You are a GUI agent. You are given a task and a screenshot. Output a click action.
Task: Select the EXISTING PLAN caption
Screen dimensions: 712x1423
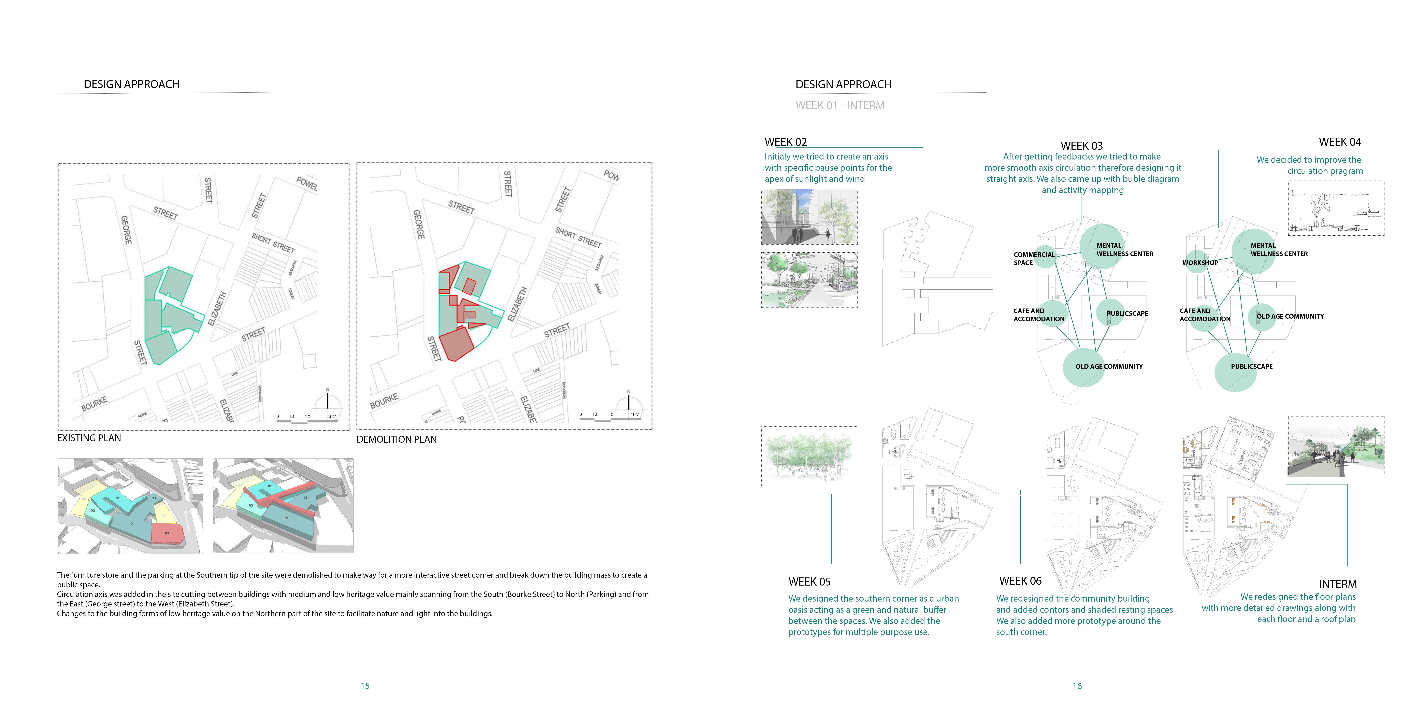point(89,438)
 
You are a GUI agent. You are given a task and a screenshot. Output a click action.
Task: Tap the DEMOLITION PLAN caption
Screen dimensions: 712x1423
point(397,439)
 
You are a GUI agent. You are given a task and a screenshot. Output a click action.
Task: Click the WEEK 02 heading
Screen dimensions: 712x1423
point(786,142)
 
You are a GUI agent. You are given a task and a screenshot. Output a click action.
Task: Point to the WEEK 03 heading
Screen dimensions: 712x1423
point(1082,146)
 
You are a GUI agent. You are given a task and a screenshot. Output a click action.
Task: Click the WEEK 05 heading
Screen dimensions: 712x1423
point(809,581)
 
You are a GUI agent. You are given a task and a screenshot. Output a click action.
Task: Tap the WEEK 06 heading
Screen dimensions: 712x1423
point(1020,581)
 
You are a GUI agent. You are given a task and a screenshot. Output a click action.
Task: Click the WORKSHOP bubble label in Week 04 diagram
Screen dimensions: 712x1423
point(1200,263)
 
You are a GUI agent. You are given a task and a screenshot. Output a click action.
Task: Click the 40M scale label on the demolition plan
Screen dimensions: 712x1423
point(635,414)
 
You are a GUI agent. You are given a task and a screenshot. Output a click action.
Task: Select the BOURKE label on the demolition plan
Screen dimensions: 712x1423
point(384,401)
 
